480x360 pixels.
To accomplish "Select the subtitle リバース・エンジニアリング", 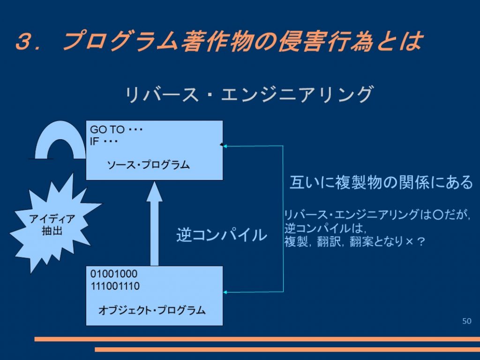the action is pyautogui.click(x=249, y=94).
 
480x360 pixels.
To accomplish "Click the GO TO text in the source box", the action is pyautogui.click(x=107, y=129).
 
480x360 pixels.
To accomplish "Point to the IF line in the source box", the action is pyautogui.click(x=104, y=142).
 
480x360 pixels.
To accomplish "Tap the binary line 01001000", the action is pyautogui.click(x=114, y=274).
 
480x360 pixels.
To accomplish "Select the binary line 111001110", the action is pyautogui.click(x=115, y=286).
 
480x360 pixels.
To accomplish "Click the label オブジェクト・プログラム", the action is pyautogui.click(x=152, y=310).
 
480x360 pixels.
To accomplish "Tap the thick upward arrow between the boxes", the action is pyautogui.click(x=154, y=224).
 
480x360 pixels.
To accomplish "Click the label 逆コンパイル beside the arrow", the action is pyautogui.click(x=222, y=235).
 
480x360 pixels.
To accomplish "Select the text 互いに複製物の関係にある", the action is pyautogui.click(x=381, y=182).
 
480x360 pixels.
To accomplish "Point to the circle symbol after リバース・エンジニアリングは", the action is pyautogui.click(x=438, y=215).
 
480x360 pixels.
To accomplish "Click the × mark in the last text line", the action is pyautogui.click(x=410, y=242).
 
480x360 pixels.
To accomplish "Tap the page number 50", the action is pyautogui.click(x=467, y=321).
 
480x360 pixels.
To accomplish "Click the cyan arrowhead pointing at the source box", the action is pyautogui.click(x=225, y=146).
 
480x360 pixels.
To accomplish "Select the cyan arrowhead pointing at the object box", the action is pyautogui.click(x=225, y=292).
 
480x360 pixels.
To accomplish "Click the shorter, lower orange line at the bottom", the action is pyautogui.click(x=287, y=350).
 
